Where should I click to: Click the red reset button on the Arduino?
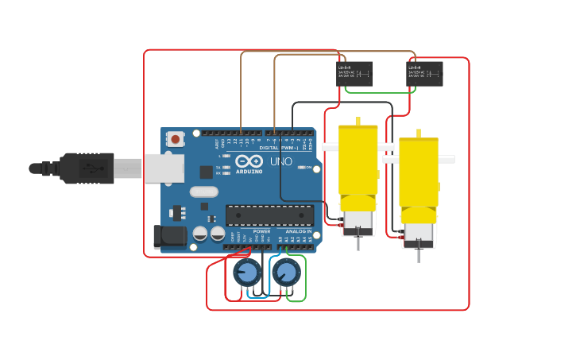pyautogui.click(x=175, y=139)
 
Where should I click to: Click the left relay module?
pyautogui.click(x=354, y=74)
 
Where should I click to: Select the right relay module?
pyautogui.click(x=424, y=74)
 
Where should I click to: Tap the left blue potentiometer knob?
pyautogui.click(x=246, y=273)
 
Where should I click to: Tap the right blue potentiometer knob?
pyautogui.click(x=286, y=273)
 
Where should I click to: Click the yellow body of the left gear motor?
pyautogui.click(x=358, y=163)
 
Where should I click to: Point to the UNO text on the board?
pyautogui.click(x=281, y=161)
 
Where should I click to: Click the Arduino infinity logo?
pyautogui.click(x=248, y=161)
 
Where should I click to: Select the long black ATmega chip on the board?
pyautogui.click(x=269, y=215)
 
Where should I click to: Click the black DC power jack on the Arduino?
pyautogui.click(x=169, y=236)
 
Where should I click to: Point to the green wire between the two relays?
pyautogui.click(x=379, y=92)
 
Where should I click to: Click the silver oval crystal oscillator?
pyautogui.click(x=203, y=192)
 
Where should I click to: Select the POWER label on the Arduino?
pyautogui.click(x=261, y=231)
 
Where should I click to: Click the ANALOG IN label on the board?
pyautogui.click(x=299, y=231)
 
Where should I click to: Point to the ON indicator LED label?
pyautogui.click(x=308, y=168)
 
